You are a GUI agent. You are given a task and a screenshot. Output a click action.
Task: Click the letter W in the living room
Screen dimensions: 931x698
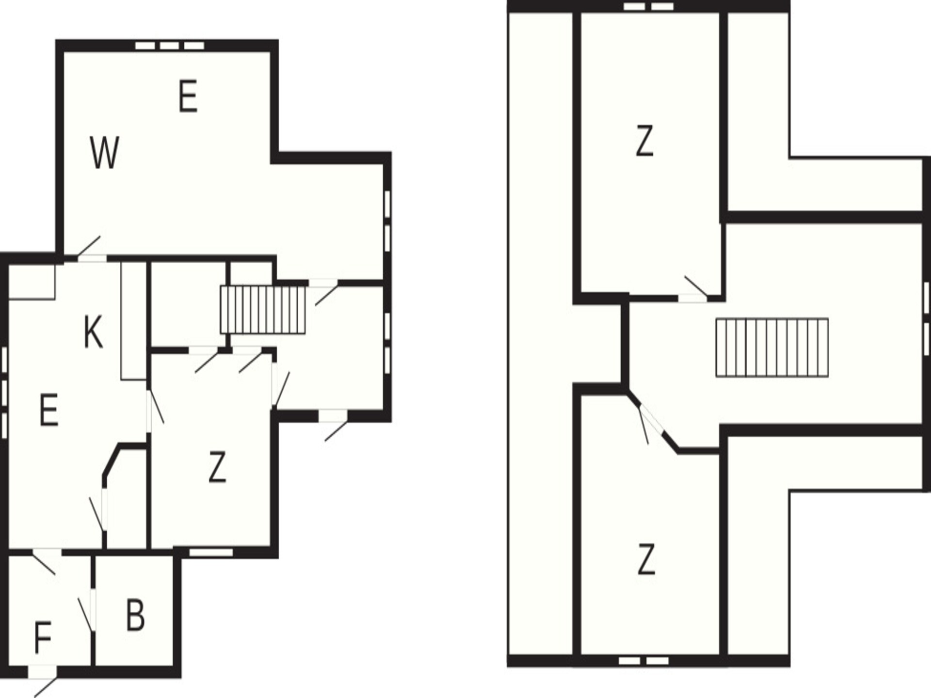[105, 153]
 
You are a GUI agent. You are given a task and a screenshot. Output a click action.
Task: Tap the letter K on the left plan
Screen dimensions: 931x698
[93, 332]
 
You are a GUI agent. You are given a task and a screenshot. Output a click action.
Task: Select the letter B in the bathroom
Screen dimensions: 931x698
[135, 615]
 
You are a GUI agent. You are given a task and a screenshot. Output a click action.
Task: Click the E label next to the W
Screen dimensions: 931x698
[188, 97]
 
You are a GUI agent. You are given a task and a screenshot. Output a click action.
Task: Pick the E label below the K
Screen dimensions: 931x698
[48, 410]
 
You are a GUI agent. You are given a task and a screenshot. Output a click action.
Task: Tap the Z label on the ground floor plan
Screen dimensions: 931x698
[217, 467]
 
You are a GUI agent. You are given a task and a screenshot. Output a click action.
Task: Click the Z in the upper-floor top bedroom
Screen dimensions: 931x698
[644, 141]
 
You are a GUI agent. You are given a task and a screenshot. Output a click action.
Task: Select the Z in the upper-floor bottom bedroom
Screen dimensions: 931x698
[646, 559]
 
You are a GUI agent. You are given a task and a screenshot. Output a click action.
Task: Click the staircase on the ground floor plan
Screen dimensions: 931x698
[263, 310]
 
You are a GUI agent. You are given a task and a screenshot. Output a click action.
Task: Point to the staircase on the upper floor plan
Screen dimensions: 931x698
[772, 347]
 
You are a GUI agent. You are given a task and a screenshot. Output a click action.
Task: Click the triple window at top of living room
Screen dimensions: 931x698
[169, 46]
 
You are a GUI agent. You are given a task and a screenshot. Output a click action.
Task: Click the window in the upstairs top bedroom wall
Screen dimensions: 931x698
[648, 6]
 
